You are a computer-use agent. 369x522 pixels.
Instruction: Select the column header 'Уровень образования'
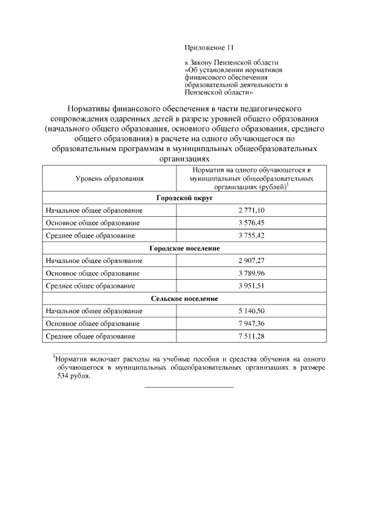pyautogui.click(x=110, y=179)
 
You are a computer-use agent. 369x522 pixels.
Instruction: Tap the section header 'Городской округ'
pyautogui.click(x=184, y=198)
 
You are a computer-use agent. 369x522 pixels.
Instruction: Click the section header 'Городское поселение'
pyautogui.click(x=184, y=248)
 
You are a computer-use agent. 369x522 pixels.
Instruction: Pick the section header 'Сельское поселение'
pyautogui.click(x=184, y=298)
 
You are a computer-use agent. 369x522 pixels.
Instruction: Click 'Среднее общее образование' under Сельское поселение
pyautogui.click(x=91, y=336)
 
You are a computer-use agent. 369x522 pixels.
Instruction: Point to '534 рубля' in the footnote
pyautogui.click(x=74, y=375)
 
